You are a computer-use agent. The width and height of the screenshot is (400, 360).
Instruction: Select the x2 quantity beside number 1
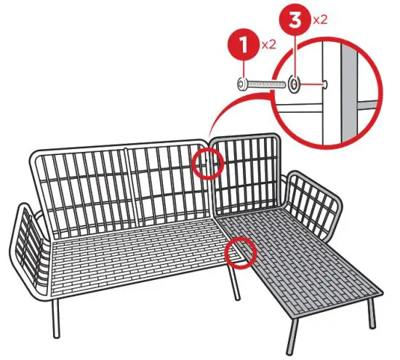point(268,45)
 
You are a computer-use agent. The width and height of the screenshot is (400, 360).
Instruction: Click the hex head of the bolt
point(242,85)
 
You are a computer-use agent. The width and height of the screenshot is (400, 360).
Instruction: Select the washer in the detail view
point(295,85)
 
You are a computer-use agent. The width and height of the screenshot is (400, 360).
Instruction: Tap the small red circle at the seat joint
point(239,252)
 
